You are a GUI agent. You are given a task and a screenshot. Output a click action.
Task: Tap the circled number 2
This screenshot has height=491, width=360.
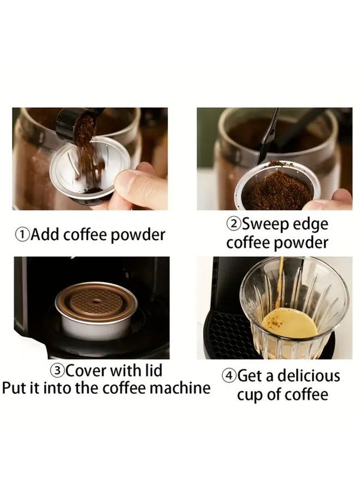[234, 224]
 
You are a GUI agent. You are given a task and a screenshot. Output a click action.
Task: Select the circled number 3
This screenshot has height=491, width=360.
[57, 371]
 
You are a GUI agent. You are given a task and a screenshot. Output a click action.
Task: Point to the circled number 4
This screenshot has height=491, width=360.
[229, 376]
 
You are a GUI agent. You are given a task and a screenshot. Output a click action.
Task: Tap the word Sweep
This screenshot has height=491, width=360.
[266, 225]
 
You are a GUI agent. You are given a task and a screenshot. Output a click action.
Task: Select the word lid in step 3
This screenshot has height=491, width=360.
[153, 370]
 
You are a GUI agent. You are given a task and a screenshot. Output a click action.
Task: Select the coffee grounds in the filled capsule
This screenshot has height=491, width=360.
[278, 189]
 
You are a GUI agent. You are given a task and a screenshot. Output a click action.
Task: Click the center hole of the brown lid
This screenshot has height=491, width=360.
[97, 301]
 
